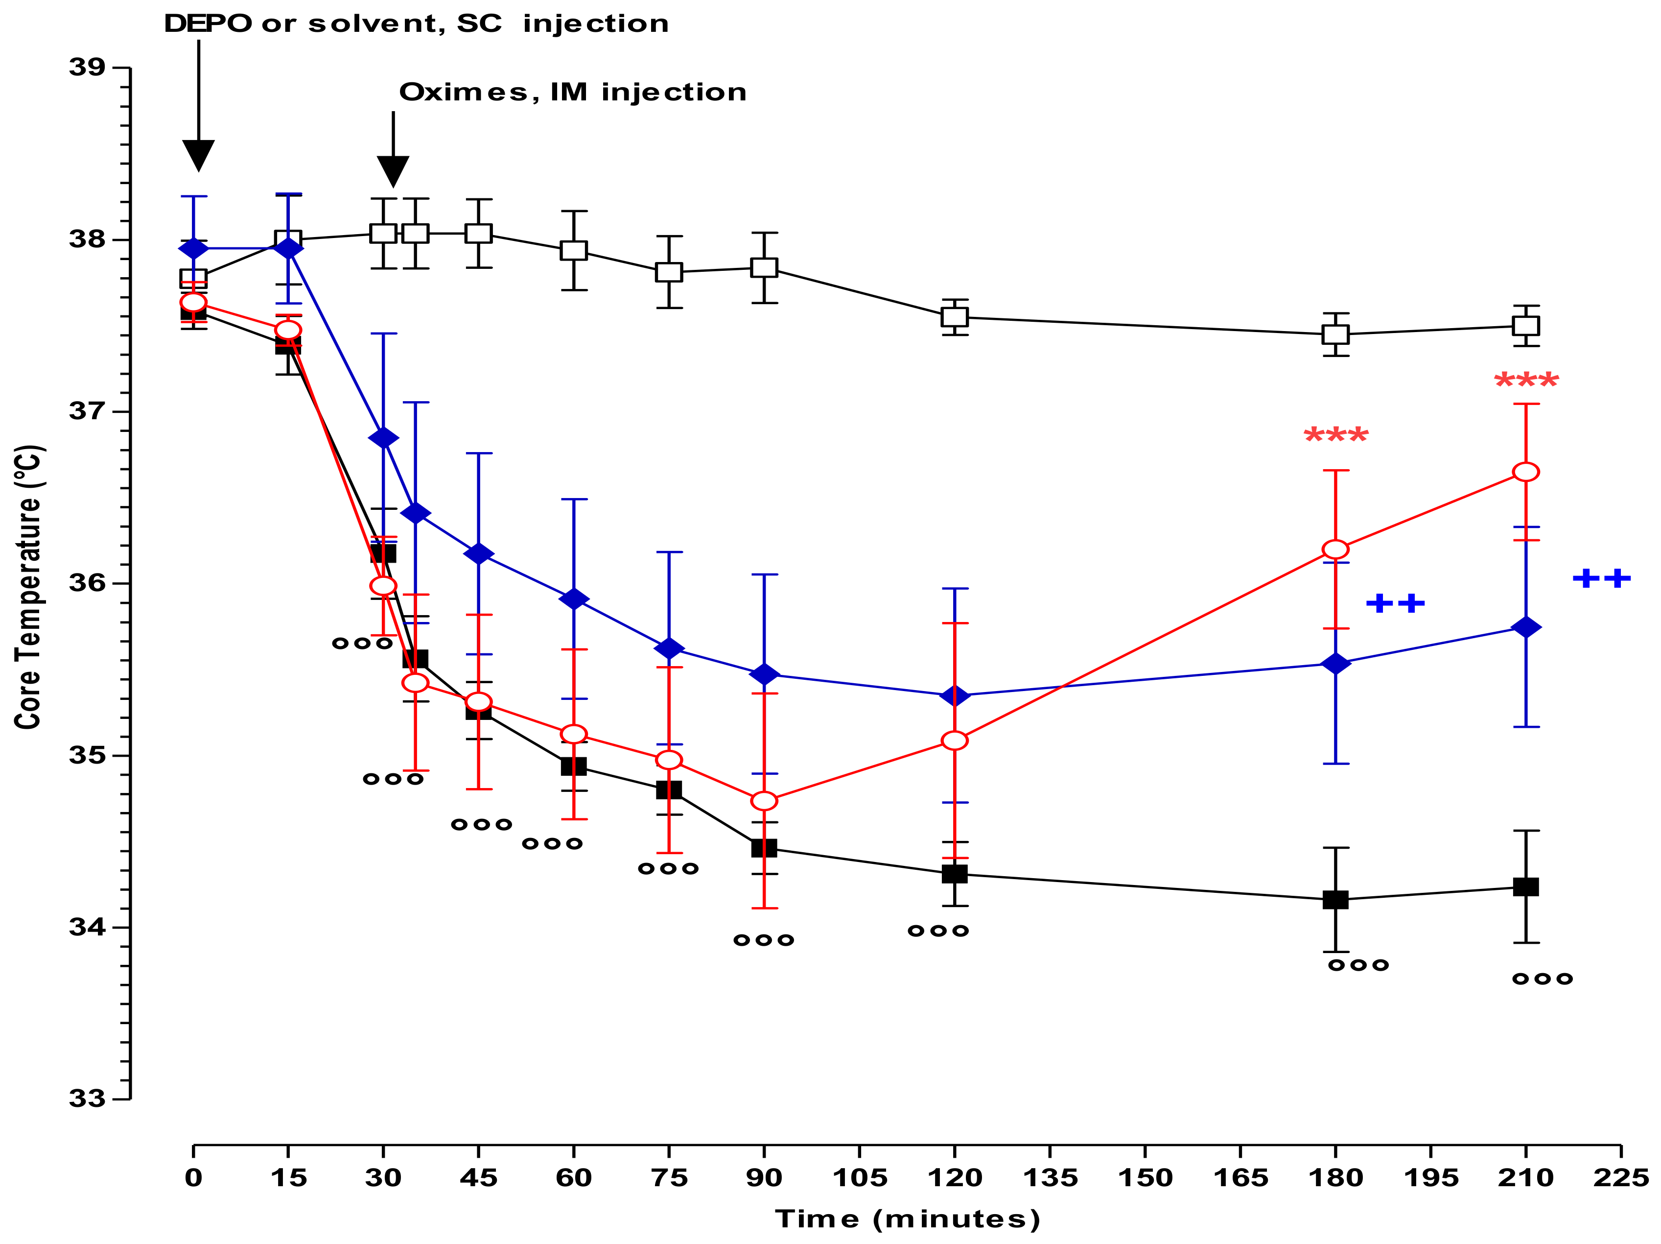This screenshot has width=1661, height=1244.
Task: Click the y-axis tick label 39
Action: (88, 68)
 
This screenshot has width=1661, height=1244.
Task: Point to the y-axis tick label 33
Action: (88, 1098)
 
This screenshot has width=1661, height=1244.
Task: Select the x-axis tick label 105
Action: (860, 1177)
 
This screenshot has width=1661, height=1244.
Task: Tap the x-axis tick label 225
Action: (1620, 1177)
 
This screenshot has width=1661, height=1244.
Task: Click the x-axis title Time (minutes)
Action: (907, 1219)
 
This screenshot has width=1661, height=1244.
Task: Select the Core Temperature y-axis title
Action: (28, 586)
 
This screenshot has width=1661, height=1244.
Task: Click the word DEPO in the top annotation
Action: (207, 24)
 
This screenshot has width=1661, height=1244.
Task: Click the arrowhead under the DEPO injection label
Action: (198, 156)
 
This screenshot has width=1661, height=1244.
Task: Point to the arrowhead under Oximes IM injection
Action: (393, 171)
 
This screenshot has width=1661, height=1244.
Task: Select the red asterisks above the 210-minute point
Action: (1526, 381)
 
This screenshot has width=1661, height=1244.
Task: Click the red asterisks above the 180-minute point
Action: (1336, 436)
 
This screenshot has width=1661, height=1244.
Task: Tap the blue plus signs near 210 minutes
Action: (1601, 578)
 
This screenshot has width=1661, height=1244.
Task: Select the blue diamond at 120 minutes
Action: (955, 695)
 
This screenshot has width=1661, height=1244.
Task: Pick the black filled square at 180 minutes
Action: (1335, 899)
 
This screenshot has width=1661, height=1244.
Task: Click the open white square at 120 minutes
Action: (955, 316)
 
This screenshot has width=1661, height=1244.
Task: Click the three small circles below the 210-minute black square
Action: (1542, 979)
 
